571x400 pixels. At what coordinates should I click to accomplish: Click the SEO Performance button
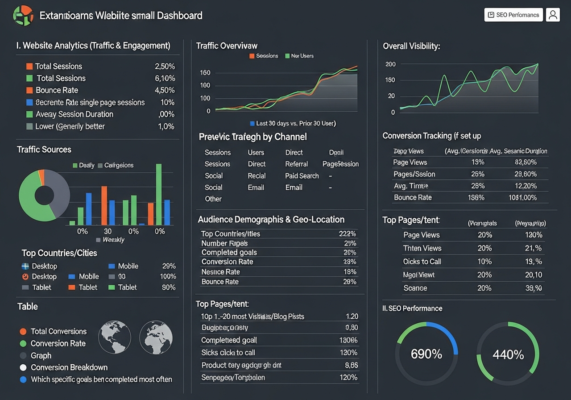coord(513,15)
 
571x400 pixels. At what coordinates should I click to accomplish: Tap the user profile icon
coord(553,15)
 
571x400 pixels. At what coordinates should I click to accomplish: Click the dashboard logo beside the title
coord(24,16)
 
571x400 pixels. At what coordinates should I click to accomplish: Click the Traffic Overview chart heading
coord(227,46)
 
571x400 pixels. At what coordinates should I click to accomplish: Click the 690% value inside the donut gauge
coord(426,354)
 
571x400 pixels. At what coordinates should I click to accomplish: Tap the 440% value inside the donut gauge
coord(508,355)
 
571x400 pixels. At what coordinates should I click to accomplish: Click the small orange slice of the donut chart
coord(41,177)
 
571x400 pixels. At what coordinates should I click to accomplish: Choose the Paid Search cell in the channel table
coord(302,176)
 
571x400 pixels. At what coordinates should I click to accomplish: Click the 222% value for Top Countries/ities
coord(347,234)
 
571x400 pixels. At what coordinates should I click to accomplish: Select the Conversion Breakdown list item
coord(69,367)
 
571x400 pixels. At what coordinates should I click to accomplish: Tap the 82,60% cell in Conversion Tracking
coord(525,162)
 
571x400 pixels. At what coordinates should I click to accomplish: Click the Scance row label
coord(415,288)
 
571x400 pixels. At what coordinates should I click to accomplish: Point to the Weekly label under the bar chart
coord(113,240)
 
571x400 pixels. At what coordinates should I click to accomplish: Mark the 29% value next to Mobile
coord(169,266)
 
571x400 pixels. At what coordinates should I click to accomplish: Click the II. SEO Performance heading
coord(412,308)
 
